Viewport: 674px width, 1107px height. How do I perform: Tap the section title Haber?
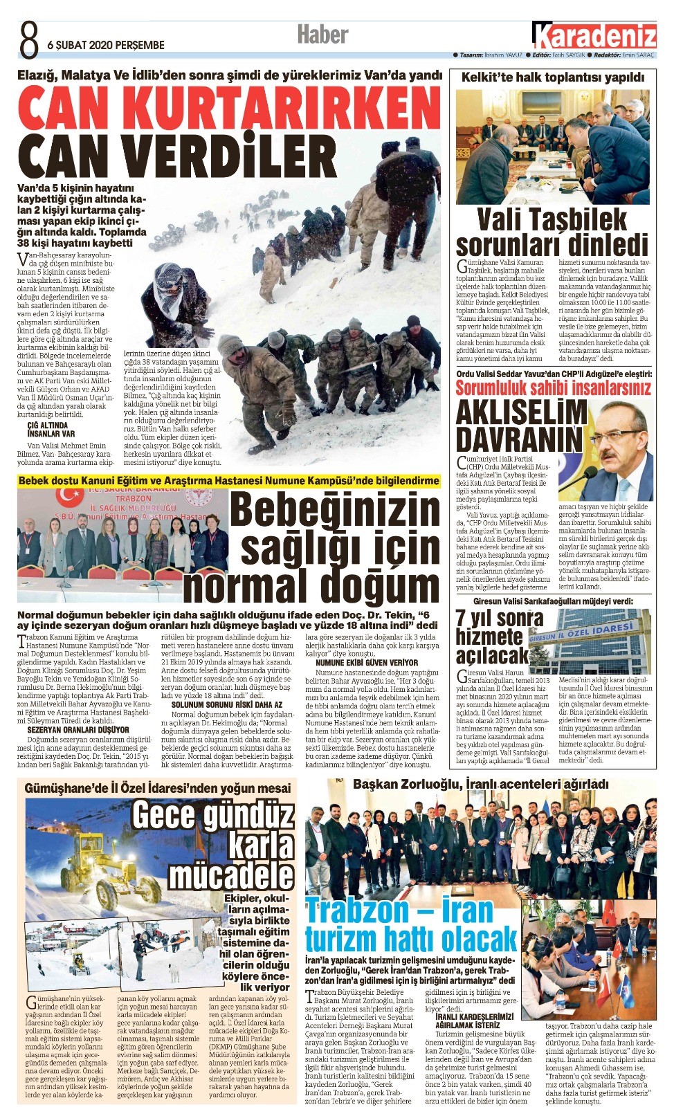322,34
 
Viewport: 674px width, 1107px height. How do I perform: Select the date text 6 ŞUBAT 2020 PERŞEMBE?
106,45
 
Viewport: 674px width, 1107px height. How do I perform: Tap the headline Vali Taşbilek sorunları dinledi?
552,232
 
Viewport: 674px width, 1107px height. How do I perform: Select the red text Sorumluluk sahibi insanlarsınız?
553,388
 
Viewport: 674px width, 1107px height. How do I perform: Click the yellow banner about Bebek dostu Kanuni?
228,480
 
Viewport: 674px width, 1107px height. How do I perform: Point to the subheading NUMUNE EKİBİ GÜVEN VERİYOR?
367,663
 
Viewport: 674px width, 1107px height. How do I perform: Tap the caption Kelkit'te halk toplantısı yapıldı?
553,77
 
